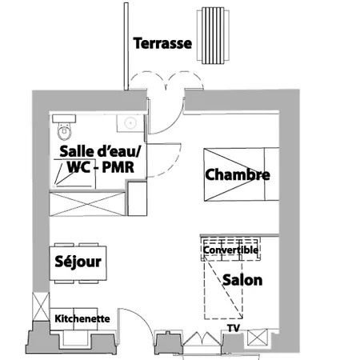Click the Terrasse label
[x=162, y=43]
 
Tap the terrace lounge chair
[x=213, y=35]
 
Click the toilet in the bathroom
[x=64, y=127]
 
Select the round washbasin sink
[x=130, y=123]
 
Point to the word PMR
[x=118, y=167]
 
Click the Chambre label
[x=238, y=174]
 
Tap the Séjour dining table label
[x=78, y=262]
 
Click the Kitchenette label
[x=82, y=318]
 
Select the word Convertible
[x=230, y=250]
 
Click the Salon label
[x=242, y=280]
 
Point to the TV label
[x=234, y=328]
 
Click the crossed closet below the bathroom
[x=87, y=204]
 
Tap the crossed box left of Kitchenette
[x=41, y=306]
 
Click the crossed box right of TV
[x=258, y=338]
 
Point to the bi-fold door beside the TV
[x=202, y=338]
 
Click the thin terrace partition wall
[x=126, y=46]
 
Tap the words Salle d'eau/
[x=100, y=151]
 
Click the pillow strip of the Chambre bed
[x=271, y=174]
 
